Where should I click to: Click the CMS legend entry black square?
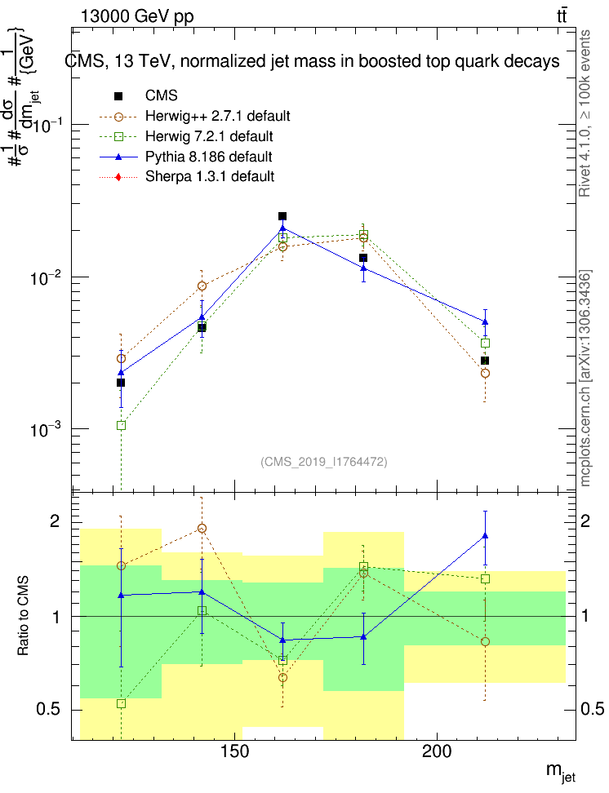tap(121, 95)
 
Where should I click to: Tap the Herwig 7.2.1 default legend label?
tap(209, 135)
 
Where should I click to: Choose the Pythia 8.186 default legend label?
tap(209, 156)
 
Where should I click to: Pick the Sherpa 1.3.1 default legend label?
tap(210, 175)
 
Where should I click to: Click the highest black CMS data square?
tap(282, 216)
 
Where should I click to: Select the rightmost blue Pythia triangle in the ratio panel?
tap(485, 535)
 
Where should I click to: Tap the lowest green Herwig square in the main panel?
tap(121, 425)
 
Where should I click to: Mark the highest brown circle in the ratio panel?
tap(202, 528)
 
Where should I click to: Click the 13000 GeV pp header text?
tap(137, 16)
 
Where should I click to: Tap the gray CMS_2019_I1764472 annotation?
tap(324, 462)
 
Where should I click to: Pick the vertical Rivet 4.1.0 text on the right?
tap(585, 113)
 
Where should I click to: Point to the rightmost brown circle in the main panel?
tap(485, 373)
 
